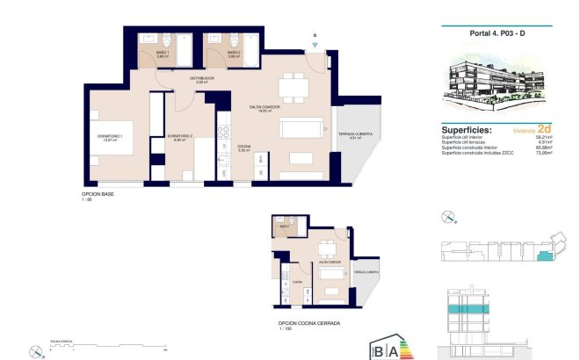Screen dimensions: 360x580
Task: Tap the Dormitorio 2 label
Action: [180, 137]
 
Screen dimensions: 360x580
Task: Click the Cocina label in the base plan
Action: [244, 148]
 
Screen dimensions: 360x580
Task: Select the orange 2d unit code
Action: [544, 127]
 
